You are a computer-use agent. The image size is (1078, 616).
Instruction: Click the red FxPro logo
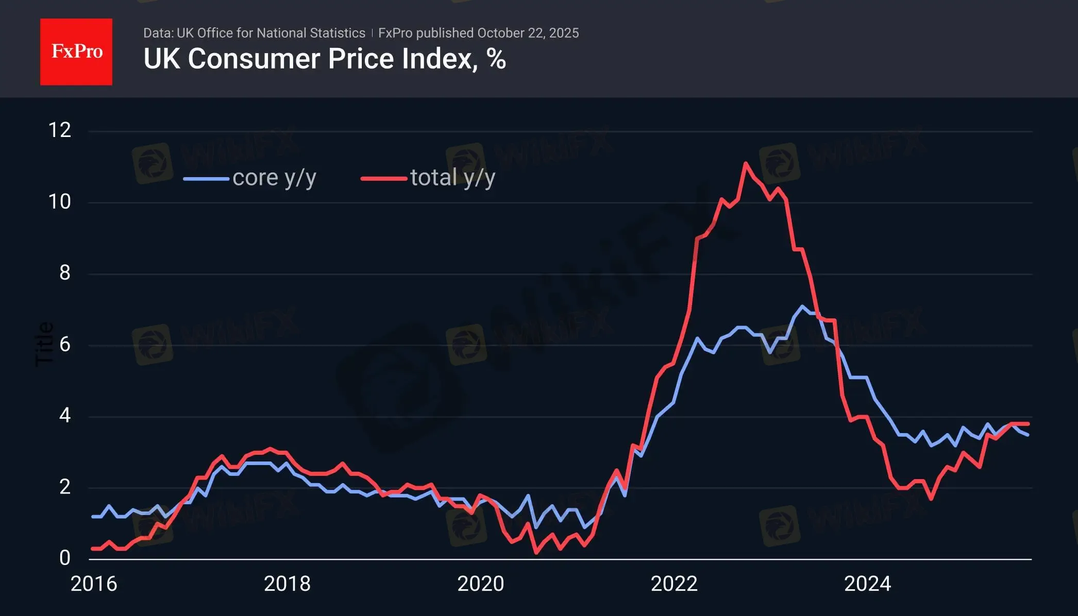pos(76,52)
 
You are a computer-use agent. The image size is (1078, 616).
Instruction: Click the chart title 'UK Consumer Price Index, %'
pos(325,59)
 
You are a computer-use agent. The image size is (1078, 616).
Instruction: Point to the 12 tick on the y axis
pos(60,130)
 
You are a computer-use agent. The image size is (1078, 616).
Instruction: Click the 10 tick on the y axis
pos(60,202)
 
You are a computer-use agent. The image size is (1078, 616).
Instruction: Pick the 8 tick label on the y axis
pos(64,273)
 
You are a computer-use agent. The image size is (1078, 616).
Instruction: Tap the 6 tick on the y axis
pos(64,345)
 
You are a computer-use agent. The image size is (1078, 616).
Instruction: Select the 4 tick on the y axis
pos(64,416)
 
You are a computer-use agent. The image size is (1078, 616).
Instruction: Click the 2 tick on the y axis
pos(64,487)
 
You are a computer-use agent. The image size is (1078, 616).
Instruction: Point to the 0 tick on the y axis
pos(64,558)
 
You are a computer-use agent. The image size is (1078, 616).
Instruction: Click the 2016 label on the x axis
pos(94,584)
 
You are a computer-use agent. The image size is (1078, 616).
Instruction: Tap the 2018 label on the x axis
pos(287,584)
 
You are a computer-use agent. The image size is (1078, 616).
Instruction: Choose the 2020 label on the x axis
pos(481,584)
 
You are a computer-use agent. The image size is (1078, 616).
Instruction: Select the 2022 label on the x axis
pos(674,584)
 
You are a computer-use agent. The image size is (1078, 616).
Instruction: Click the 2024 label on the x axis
pos(867,584)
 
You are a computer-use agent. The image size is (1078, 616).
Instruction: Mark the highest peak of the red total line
pos(746,164)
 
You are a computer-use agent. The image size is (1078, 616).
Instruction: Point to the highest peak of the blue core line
pos(802,306)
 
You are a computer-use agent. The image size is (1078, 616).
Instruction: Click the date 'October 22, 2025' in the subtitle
pos(528,33)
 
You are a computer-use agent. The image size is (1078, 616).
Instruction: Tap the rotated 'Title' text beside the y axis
pos(44,344)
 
